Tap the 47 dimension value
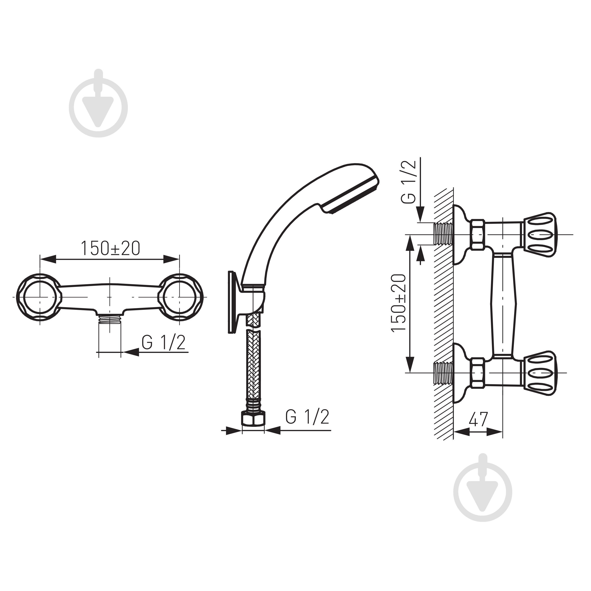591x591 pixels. (478, 419)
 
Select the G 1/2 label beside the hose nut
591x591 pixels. (307, 417)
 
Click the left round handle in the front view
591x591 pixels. (39, 297)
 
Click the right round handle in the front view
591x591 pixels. (180, 297)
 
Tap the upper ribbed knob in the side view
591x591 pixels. (539, 234)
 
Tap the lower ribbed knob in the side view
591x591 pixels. (539, 373)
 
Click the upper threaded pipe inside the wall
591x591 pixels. (443, 234)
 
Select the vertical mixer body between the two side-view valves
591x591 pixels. (503, 303)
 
